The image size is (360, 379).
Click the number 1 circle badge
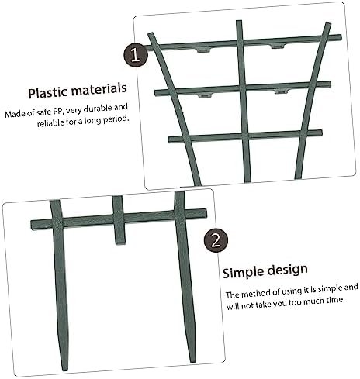136,55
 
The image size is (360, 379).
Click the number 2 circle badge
216,241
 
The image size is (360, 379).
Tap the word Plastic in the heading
47,93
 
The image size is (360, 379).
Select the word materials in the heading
99,89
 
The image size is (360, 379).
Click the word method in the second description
257,293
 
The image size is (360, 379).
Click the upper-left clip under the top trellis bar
203,50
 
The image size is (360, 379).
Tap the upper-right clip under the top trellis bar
279,47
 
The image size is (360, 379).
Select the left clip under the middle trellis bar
205,95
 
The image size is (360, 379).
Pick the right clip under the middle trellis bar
281,91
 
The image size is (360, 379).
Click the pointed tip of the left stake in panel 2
64,370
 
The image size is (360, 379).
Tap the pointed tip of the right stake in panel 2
192,361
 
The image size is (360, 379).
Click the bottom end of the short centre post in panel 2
120,243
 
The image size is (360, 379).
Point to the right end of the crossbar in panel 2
206,213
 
